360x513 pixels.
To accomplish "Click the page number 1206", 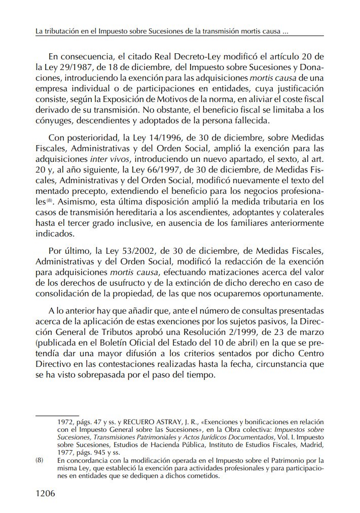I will coord(45,494).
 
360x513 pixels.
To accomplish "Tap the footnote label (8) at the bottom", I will coord(40,460).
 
